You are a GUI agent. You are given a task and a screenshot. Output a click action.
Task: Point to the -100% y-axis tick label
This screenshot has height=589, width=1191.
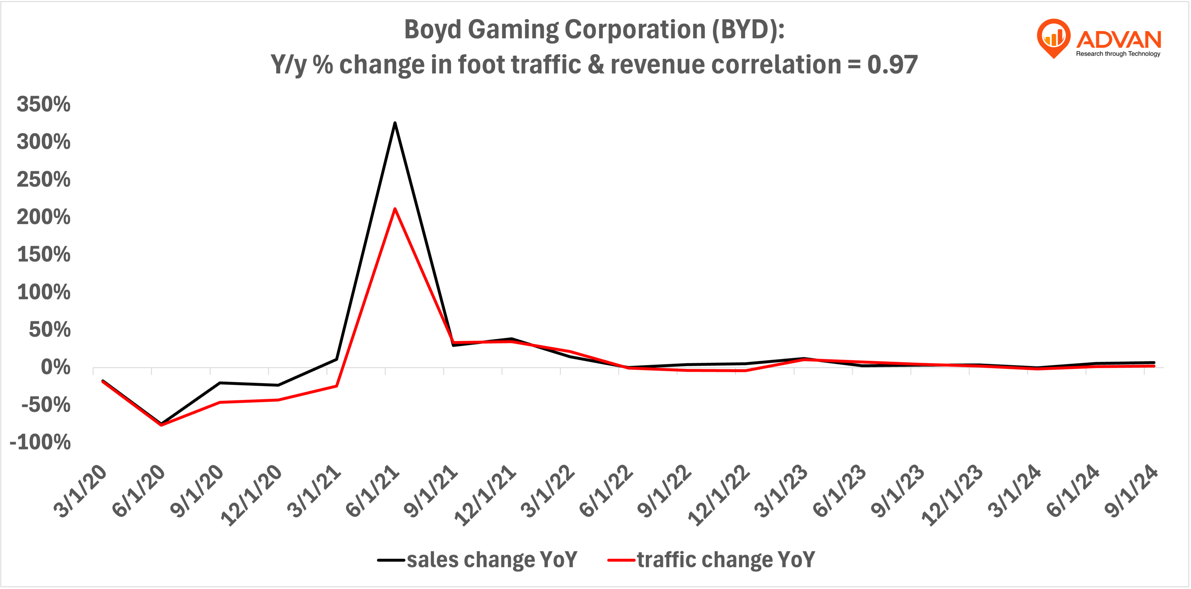(41, 442)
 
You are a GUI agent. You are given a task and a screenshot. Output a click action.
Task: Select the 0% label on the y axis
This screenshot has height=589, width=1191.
(55, 367)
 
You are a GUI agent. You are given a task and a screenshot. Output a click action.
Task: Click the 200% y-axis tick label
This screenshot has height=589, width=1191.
(44, 217)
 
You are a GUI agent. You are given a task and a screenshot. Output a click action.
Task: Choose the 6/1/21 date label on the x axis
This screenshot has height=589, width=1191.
(373, 491)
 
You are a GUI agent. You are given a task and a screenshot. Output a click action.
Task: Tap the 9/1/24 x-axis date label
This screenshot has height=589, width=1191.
(1131, 491)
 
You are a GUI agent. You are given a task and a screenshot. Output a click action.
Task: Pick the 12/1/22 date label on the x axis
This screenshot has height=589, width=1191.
(719, 495)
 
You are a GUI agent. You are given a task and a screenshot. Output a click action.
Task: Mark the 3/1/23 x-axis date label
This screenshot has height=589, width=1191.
(781, 491)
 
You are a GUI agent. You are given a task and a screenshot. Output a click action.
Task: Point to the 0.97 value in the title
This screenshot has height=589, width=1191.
(892, 65)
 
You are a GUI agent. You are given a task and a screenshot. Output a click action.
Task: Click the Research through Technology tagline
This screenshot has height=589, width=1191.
(1118, 54)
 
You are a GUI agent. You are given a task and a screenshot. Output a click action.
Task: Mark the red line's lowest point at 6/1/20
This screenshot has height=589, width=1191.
(161, 424)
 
